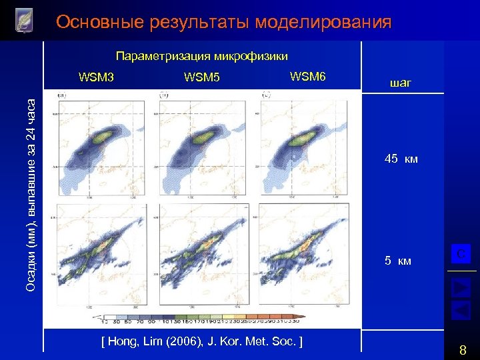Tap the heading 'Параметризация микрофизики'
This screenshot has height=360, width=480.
tap(202, 55)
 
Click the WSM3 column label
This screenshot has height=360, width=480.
tap(96, 77)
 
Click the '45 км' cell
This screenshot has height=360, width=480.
tap(401, 159)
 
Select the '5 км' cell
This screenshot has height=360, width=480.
tap(398, 261)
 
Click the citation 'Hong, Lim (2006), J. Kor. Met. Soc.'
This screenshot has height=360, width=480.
tap(202, 341)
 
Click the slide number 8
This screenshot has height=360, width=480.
tap(463, 349)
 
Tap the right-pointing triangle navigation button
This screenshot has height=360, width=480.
tap(461, 287)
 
